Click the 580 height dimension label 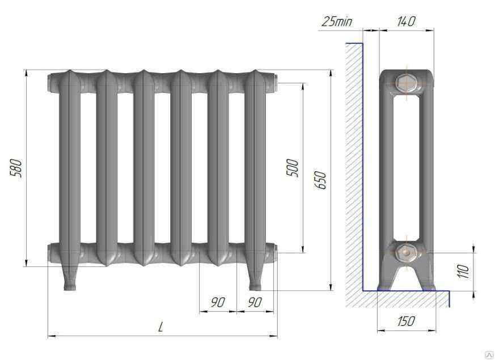pyautogui.click(x=16, y=168)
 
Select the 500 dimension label pyautogui.click(x=292, y=168)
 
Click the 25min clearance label pyautogui.click(x=337, y=22)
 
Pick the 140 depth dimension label pyautogui.click(x=406, y=21)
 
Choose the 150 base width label pyautogui.click(x=406, y=321)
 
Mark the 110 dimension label pyautogui.click(x=463, y=271)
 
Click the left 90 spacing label pyautogui.click(x=218, y=302)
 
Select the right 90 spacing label pyautogui.click(x=255, y=302)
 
